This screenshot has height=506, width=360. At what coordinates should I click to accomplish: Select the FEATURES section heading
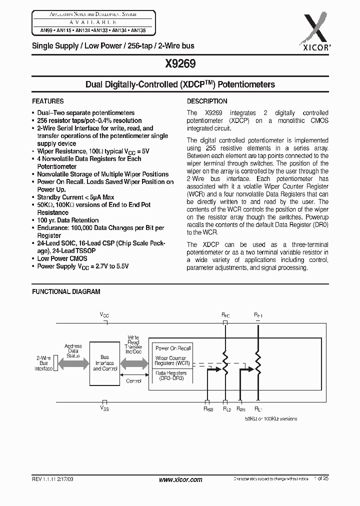pos(48,101)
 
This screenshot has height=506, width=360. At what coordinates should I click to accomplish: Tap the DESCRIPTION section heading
pos(207,101)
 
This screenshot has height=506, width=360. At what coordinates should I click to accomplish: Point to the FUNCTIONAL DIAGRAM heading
pos(66,291)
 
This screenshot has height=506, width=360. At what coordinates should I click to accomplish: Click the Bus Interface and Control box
pos(105,363)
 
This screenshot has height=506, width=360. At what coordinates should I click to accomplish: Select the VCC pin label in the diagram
pos(104,315)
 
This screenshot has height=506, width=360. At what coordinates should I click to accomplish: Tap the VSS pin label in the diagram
pos(104,408)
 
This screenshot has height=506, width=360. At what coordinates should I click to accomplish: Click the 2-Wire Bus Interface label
pos(43,363)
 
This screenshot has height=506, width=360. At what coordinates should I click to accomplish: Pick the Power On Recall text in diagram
pos(173,348)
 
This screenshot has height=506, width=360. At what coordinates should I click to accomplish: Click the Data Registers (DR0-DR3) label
pos(171,376)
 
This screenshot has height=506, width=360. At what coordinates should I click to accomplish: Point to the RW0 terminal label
pos(208,409)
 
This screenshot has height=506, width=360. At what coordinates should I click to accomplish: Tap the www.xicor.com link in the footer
pos(180,479)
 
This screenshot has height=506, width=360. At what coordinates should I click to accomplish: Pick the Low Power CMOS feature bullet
pos(62,258)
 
